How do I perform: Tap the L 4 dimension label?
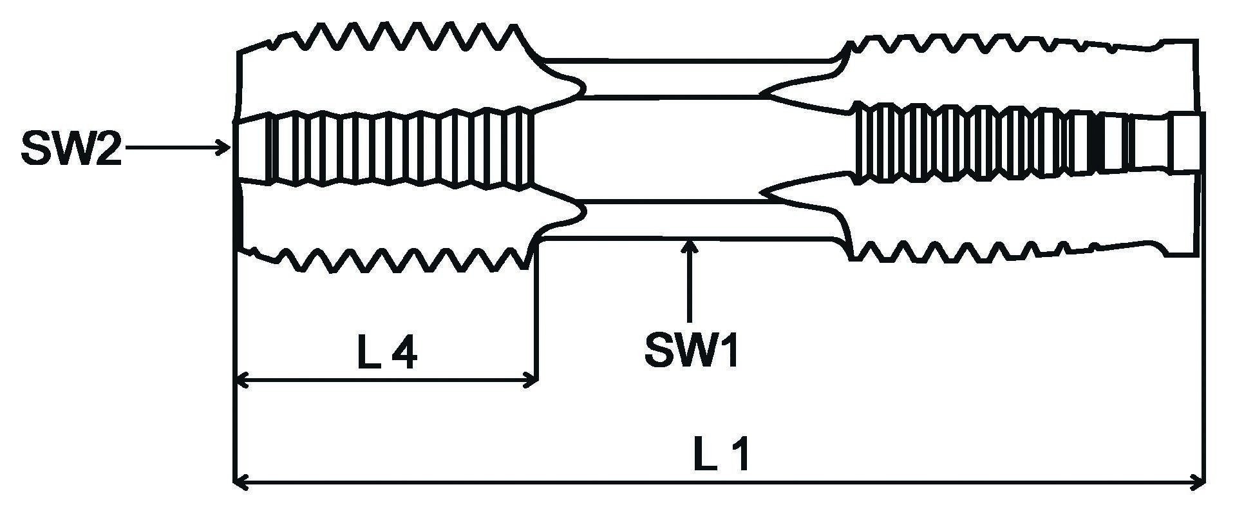(x=387, y=354)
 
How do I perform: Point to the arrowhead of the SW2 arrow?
(x=226, y=148)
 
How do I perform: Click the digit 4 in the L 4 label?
(x=404, y=354)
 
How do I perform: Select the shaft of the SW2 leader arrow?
(x=174, y=148)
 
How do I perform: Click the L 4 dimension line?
(x=386, y=381)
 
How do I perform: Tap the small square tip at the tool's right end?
(x=1185, y=143)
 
